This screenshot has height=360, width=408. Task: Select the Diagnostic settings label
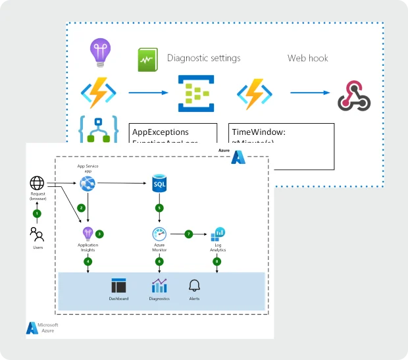coord(203,58)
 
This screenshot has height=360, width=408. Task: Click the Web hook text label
coord(307,58)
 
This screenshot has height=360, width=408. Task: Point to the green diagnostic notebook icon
coord(147,61)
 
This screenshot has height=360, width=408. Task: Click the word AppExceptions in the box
coord(161,132)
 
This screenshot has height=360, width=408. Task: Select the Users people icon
coord(37,234)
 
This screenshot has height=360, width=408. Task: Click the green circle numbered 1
coord(37,213)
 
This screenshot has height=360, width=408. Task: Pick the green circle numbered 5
coord(159,208)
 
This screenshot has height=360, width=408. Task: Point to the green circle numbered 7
coord(189,234)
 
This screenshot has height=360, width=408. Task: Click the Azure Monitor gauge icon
coord(159,234)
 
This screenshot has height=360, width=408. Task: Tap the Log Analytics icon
coord(218,234)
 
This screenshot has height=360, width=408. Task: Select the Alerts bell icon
coord(194,286)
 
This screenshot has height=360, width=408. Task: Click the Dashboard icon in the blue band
coord(118,286)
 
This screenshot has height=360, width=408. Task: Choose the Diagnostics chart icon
coord(159,286)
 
